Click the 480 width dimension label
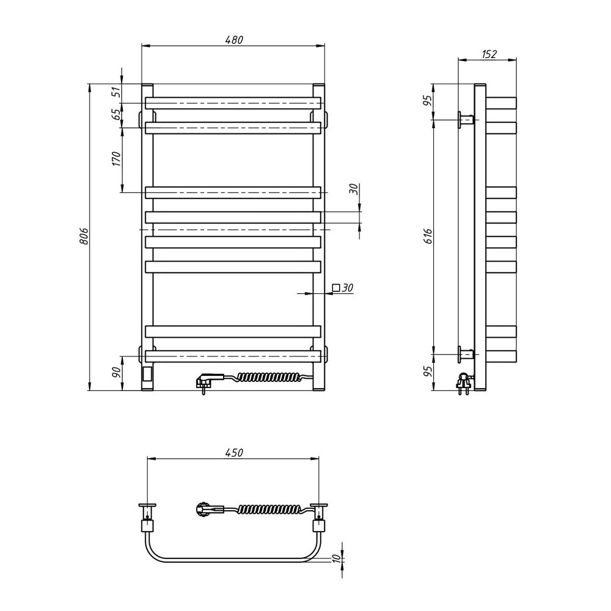coord(234,40)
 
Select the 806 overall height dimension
coord(84,236)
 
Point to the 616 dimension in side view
coord(428,236)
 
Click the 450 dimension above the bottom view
coord(234,452)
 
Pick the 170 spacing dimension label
coord(117,159)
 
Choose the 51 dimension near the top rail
coord(117,93)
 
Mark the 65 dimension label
coord(117,115)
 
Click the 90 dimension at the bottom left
coord(116,373)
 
